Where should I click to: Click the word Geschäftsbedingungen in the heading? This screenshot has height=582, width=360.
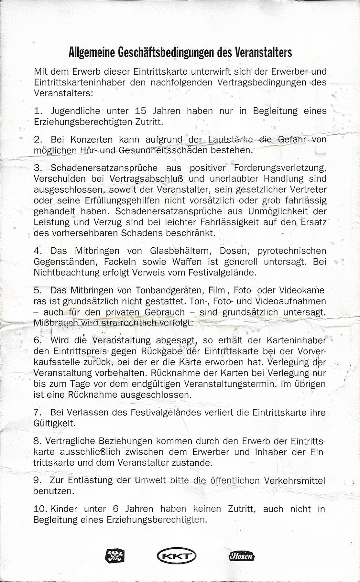point(167,52)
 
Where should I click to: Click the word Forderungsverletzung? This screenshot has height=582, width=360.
point(280,168)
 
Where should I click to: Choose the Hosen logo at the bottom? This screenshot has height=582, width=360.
point(241,556)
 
